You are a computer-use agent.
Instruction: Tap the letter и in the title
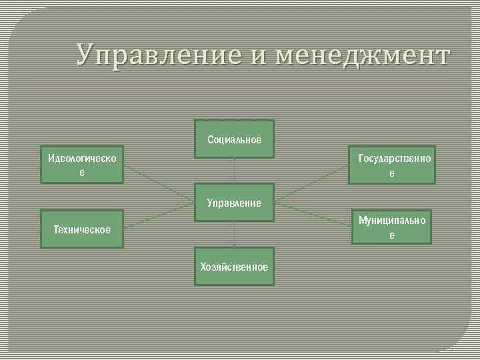(x=261, y=56)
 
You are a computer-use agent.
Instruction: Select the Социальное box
(x=234, y=139)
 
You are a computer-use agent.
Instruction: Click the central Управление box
(x=234, y=202)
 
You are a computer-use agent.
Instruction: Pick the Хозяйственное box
(x=234, y=267)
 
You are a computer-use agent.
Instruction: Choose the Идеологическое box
(x=81, y=164)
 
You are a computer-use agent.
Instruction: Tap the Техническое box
(x=81, y=229)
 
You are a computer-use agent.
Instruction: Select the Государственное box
(x=393, y=165)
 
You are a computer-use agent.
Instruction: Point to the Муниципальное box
(x=392, y=227)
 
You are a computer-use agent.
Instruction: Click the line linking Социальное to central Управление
(x=234, y=171)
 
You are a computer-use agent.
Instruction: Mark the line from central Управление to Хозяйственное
(x=234, y=234)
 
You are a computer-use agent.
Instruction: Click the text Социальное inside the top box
(x=234, y=140)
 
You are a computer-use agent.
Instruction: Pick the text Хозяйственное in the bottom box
(x=234, y=267)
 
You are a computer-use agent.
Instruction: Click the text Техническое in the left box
(x=81, y=230)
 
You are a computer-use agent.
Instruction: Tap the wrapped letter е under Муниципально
(x=392, y=235)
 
